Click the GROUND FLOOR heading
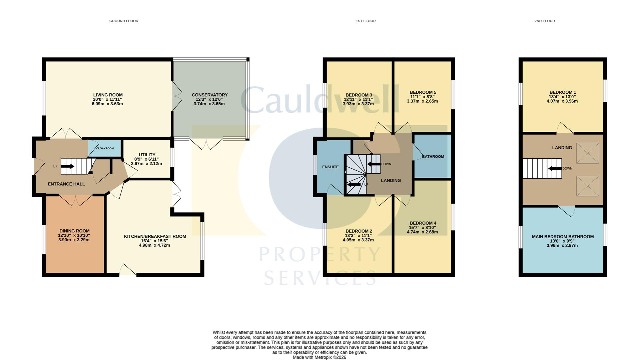click(x=124, y=21)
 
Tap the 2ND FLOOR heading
click(x=545, y=21)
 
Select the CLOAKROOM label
click(x=105, y=148)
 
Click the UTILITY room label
click(x=147, y=155)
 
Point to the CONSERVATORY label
click(x=209, y=95)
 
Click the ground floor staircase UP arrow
click(x=68, y=166)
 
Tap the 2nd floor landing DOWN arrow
click(x=555, y=168)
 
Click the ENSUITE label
click(x=330, y=167)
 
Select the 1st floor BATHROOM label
click(x=433, y=157)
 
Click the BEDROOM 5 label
click(x=423, y=92)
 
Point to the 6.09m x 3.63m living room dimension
click(x=107, y=104)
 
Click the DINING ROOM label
click(x=74, y=231)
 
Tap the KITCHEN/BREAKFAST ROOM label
click(x=155, y=236)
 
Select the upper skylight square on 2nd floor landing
click(x=587, y=153)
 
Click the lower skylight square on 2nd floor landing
click(x=587, y=186)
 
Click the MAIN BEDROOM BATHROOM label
click(x=563, y=237)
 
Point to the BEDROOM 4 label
click(x=423, y=223)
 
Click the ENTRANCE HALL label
click(x=66, y=184)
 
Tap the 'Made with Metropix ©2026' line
click(x=319, y=357)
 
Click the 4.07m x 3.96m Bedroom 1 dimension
click(x=562, y=101)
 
